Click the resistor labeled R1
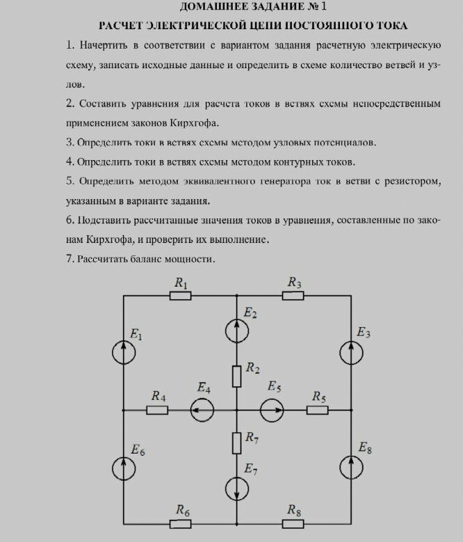point(181,296)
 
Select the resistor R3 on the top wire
point(293,296)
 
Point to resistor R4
point(157,411)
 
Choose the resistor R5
point(318,411)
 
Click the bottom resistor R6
point(181,524)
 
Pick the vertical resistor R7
point(236,441)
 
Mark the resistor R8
point(293,524)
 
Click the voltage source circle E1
point(124,353)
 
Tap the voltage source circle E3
point(352,353)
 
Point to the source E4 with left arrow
point(202,411)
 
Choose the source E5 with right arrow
point(272,411)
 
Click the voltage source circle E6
point(124,468)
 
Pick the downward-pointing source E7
point(236,488)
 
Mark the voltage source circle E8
point(352,468)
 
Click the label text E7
point(251,471)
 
